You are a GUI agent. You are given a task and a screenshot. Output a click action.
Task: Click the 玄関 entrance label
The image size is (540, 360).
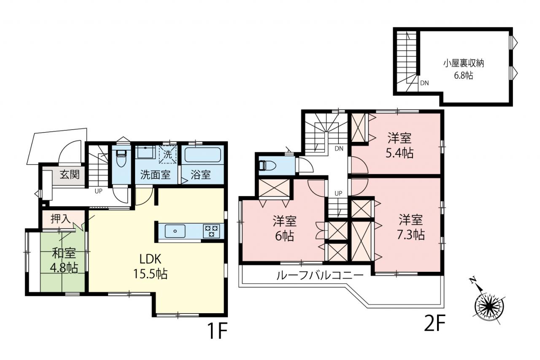[x=70, y=174]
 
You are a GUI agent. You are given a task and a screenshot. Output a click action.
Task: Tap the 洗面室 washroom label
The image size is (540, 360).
[x=156, y=175]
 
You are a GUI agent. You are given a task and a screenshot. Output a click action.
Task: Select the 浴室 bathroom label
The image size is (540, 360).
[x=200, y=175]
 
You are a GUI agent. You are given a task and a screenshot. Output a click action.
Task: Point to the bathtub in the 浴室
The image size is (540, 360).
[x=203, y=155]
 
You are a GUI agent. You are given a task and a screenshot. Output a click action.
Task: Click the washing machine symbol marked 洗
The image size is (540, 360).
[x=168, y=154]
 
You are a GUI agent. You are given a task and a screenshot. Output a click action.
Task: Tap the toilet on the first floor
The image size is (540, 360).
[x=121, y=158]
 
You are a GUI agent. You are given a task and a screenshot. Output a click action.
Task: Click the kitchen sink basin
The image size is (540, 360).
[x=175, y=231]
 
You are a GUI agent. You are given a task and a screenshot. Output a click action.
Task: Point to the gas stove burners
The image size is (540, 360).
[x=211, y=231]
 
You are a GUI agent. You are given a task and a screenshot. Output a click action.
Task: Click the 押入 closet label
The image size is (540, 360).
[x=60, y=219]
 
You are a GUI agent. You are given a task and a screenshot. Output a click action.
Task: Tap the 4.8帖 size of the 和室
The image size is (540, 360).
[x=64, y=268]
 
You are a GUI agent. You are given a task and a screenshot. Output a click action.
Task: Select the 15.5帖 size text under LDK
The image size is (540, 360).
[x=151, y=273]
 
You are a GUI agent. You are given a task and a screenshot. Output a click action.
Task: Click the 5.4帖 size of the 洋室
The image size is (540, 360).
[x=400, y=153]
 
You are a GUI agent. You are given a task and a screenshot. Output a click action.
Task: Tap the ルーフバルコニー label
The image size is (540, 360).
[x=320, y=276]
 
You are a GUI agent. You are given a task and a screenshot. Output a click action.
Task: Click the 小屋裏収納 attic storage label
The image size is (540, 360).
[x=464, y=64]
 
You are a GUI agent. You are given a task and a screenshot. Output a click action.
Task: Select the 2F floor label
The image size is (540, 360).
[x=434, y=325]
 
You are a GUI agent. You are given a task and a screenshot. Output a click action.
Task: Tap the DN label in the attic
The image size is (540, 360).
[x=424, y=83]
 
